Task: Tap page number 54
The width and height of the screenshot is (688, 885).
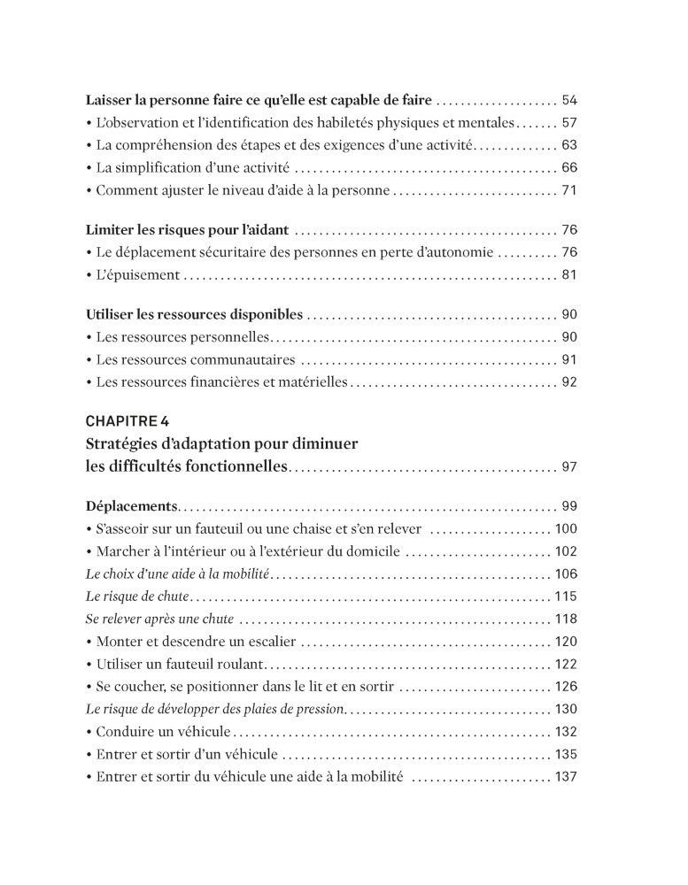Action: coord(569,100)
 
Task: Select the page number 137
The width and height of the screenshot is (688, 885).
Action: coord(565,777)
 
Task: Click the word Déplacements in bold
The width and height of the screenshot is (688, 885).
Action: coord(132,507)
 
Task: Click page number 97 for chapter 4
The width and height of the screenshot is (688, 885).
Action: coord(569,466)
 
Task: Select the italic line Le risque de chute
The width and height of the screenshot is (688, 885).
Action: coord(137,596)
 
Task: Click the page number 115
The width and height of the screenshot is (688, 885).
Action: coord(565,596)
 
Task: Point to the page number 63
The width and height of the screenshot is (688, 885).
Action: coord(569,144)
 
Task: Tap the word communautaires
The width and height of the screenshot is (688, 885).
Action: coord(236,360)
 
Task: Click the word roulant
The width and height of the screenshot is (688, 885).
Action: coord(238,664)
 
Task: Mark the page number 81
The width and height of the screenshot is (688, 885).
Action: coord(569,275)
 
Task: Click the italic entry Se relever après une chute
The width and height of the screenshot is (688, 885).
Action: coord(160,619)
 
